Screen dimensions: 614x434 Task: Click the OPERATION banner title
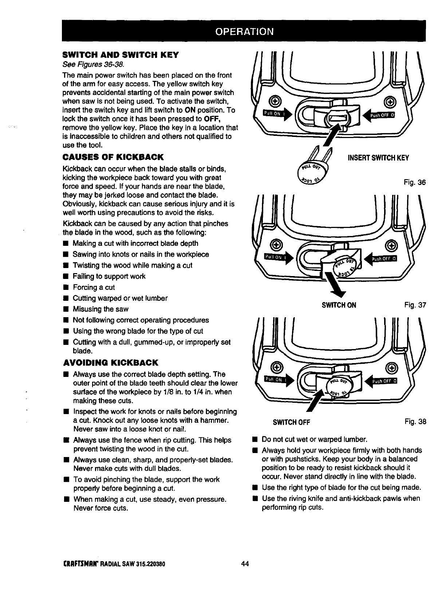click(x=244, y=31)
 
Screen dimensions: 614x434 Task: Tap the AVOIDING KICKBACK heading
click(x=111, y=363)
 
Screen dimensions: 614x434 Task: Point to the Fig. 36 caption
click(x=415, y=182)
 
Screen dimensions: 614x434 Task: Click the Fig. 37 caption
click(x=415, y=305)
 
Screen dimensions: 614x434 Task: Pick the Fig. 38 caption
click(x=415, y=422)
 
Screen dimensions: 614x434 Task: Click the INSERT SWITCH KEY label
click(x=378, y=158)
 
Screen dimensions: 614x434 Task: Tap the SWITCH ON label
click(x=339, y=305)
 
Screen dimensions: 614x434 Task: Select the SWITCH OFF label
click(x=291, y=422)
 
